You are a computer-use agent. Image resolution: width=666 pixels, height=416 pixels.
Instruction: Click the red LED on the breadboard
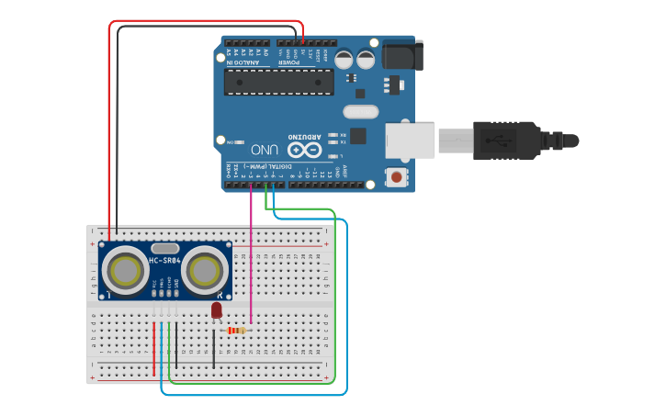click(216, 310)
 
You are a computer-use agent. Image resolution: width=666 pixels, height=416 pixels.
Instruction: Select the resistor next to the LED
click(236, 331)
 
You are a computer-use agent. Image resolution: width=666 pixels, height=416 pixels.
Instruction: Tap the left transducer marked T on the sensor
click(124, 271)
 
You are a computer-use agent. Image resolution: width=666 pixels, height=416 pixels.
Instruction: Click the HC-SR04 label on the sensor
click(164, 261)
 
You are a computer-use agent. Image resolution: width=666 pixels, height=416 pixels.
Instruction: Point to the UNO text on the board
click(265, 149)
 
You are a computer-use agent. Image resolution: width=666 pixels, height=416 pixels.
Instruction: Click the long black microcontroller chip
click(278, 82)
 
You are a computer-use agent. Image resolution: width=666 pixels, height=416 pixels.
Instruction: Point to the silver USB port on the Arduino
click(410, 140)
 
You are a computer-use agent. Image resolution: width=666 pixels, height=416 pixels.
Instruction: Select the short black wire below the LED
click(214, 349)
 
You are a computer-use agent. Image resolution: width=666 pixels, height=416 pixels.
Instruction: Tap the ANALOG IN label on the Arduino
click(243, 62)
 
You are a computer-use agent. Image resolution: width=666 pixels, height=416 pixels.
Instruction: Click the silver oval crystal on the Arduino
click(360, 112)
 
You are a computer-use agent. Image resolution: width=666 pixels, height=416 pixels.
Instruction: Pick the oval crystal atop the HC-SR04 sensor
click(164, 248)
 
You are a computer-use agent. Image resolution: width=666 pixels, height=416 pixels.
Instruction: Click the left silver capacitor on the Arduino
click(344, 60)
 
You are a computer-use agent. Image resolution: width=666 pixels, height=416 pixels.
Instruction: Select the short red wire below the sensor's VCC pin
click(154, 349)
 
